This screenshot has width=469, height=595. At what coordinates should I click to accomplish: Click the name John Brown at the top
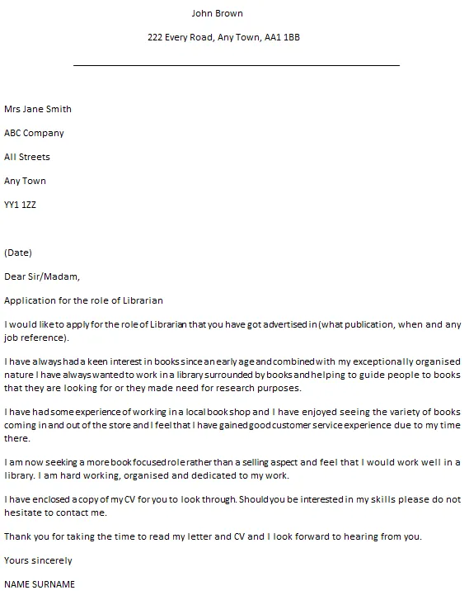217,13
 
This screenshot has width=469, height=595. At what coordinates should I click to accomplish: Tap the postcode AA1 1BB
283,37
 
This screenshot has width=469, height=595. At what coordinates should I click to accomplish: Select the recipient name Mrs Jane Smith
38,109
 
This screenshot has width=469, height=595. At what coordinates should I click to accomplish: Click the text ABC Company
34,133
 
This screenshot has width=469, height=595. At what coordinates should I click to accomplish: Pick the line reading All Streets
27,157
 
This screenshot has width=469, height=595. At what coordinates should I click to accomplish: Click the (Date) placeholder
18,253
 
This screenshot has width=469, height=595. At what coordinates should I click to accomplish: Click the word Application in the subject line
29,300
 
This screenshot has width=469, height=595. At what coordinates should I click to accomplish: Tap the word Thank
18,536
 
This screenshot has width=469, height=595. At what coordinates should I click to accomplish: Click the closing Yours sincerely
38,560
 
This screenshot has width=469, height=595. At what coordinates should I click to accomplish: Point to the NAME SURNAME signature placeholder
40,584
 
